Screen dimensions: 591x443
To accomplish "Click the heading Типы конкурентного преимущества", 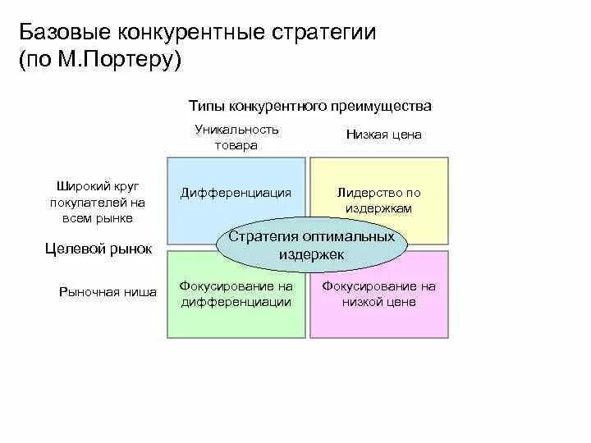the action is coord(309,107).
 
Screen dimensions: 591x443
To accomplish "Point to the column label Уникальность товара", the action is coord(236,137).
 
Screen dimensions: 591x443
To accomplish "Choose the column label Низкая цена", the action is coord(383,135).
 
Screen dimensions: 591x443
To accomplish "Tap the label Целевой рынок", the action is coord(98,249).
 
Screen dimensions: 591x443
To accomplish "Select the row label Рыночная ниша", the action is coord(108,291).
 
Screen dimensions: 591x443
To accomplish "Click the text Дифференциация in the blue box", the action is coord(236,193).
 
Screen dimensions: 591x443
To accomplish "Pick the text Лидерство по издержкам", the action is coord(379,201).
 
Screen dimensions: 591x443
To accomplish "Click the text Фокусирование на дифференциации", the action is coord(236,294).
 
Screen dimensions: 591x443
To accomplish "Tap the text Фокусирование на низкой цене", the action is coord(379,294).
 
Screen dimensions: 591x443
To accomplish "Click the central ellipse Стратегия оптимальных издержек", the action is coord(311,245).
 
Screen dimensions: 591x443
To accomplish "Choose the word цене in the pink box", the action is coord(401,302).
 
